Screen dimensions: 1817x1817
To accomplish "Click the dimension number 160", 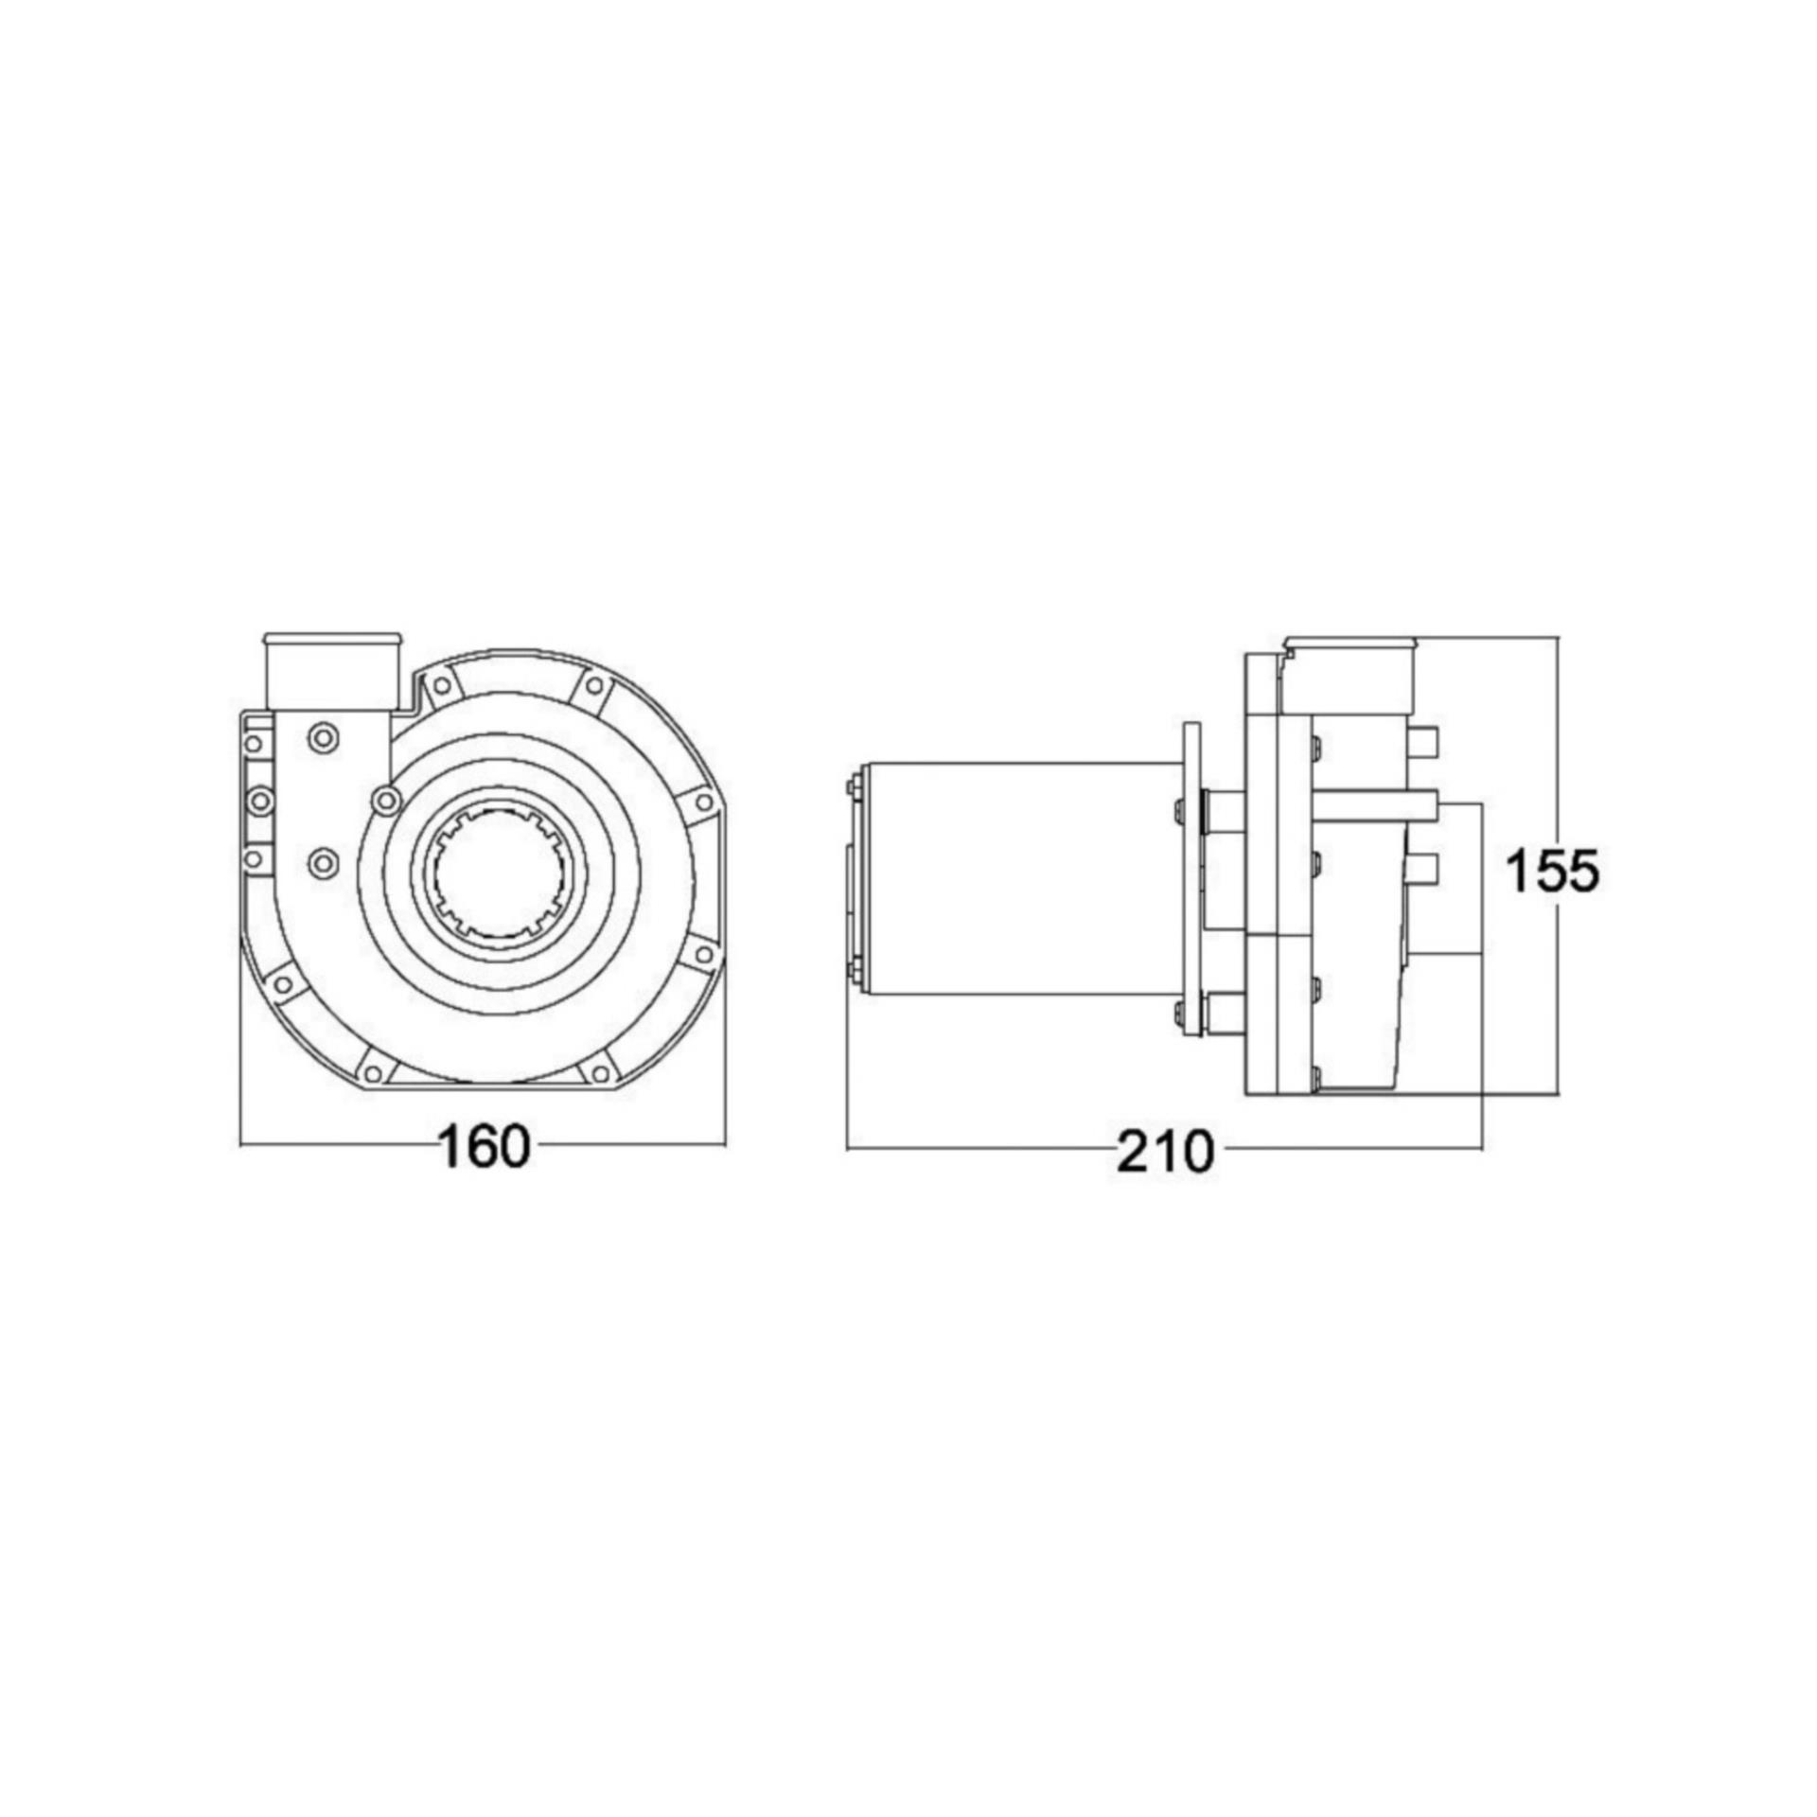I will [x=484, y=1149].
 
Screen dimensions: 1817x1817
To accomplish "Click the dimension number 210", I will [x=1163, y=1153].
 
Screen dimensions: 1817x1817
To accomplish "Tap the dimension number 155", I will [x=1552, y=871].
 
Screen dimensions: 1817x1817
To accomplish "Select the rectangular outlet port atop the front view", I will [x=330, y=674].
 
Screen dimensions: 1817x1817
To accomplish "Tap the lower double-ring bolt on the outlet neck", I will [x=324, y=861].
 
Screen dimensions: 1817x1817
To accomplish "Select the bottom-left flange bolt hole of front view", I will [x=373, y=1073].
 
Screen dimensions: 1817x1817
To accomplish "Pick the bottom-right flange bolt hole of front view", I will [x=600, y=1072].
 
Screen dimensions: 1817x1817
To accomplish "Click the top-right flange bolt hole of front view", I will [x=593, y=685].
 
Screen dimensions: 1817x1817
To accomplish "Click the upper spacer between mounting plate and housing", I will [x=1225, y=812].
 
